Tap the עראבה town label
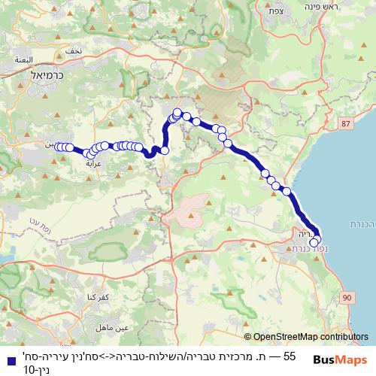point(94,162)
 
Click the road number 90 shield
point(346,299)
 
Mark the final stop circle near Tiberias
point(314,243)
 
